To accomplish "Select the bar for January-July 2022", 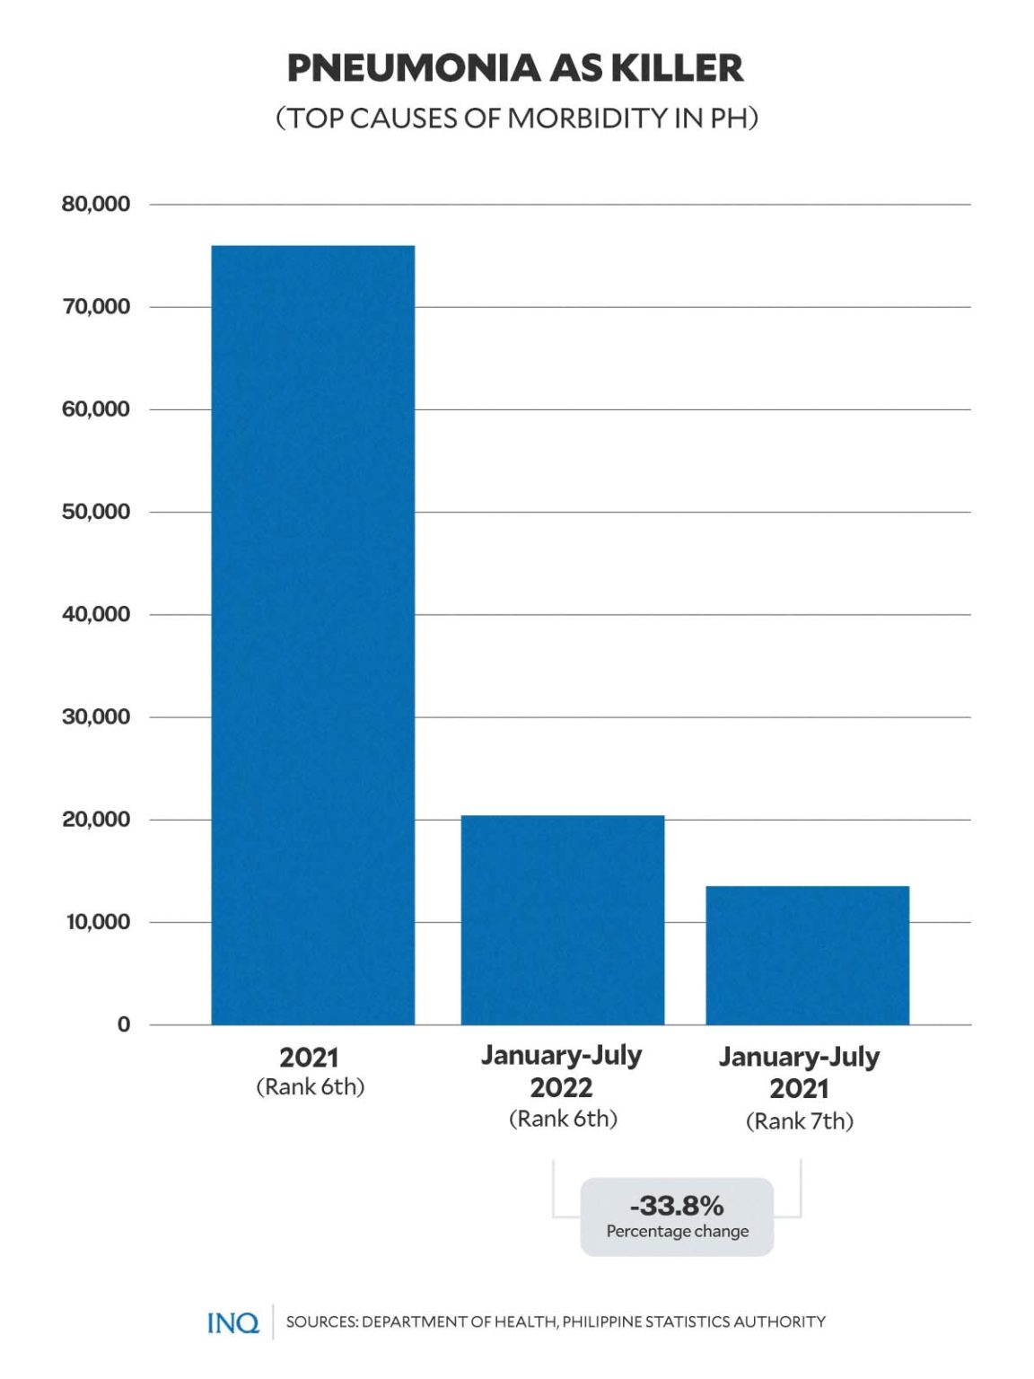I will point(562,919).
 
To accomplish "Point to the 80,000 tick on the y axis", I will point(95,204).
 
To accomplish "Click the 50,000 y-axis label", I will point(95,512).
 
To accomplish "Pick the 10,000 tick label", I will point(97,922).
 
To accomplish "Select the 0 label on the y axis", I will point(124,1024).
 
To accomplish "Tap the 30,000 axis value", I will point(95,716).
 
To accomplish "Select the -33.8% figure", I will point(677,1205).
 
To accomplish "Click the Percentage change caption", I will point(677,1231).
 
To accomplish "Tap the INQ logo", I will point(232,1322).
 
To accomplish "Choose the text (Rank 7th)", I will point(799,1121).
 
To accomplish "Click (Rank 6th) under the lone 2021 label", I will point(310,1087).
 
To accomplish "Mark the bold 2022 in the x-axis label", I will point(561,1088).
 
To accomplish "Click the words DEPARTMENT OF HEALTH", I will point(459,1322).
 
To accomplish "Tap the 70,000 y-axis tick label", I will point(95,307).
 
